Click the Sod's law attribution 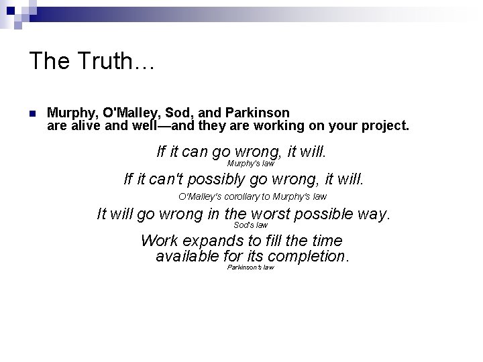pos(250,225)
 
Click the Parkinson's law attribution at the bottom pos(250,267)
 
